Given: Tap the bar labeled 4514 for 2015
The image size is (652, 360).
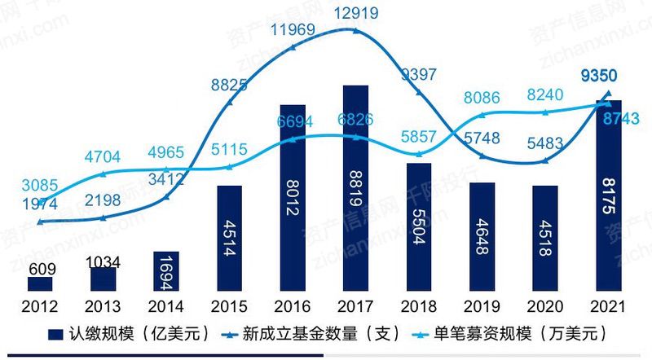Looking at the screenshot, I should pos(229,237).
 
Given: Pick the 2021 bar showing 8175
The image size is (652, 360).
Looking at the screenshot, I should pos(608,195).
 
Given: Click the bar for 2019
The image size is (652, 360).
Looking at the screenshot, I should pos(482,235).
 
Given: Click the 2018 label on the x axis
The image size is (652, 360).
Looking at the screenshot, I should pos(419,306).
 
